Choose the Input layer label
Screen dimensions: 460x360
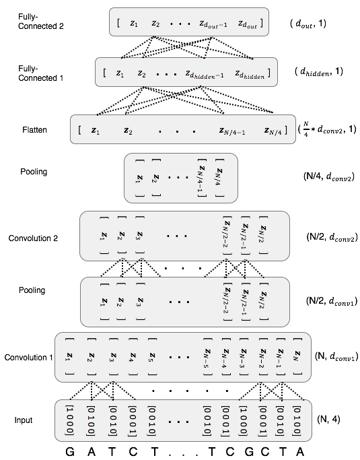[x=24, y=420]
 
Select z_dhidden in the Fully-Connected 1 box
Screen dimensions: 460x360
[x=250, y=73]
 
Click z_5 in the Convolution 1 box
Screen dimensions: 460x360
[x=153, y=356]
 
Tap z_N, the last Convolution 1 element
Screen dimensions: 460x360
[x=296, y=356]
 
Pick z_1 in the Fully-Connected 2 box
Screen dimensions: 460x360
[x=135, y=23]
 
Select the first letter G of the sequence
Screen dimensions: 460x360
[x=70, y=451]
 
